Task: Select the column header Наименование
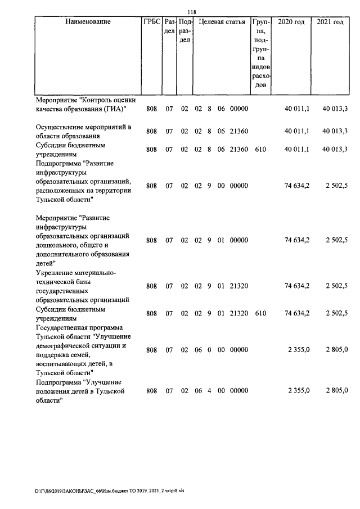coord(88,22)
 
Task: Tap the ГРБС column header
coord(152,22)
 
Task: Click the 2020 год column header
coord(292,22)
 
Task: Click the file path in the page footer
coord(109,490)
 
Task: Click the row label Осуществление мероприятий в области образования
coord(83,131)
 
